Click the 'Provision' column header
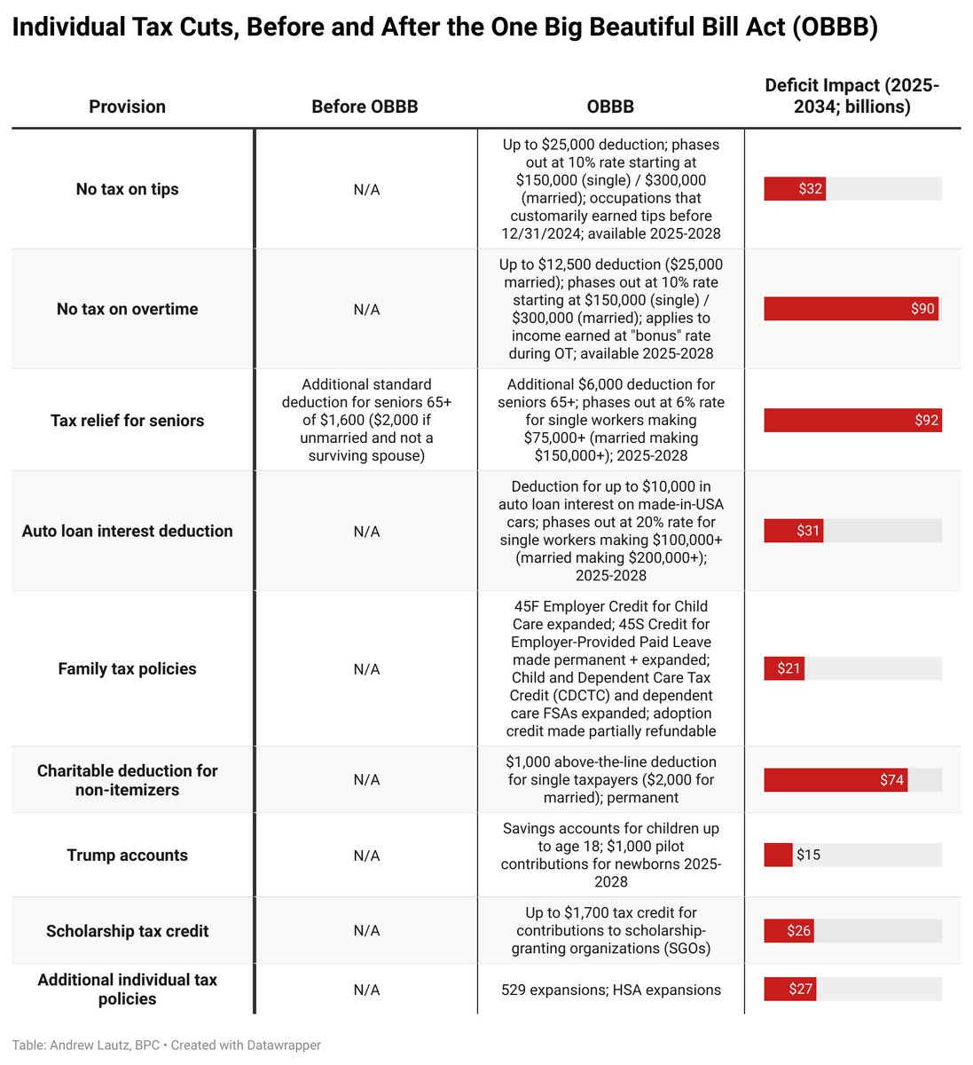[x=127, y=106]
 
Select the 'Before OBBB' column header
[x=365, y=106]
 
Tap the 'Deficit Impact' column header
[x=851, y=96]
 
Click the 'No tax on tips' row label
[x=127, y=189]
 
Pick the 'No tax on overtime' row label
[x=127, y=309]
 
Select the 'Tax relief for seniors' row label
[x=127, y=421]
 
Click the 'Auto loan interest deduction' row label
[x=127, y=531]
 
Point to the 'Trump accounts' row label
[x=127, y=856]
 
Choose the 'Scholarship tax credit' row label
[x=127, y=931]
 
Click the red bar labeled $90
[x=850, y=309]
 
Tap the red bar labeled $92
[x=851, y=421]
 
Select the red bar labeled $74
[x=835, y=780]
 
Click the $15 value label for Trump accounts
[x=808, y=856]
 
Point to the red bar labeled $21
[x=784, y=668]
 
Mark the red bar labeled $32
[x=794, y=189]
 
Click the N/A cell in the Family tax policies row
[x=366, y=669]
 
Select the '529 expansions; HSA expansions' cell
[x=611, y=990]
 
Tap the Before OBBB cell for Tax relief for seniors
[x=366, y=421]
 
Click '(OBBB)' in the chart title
[x=834, y=28]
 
